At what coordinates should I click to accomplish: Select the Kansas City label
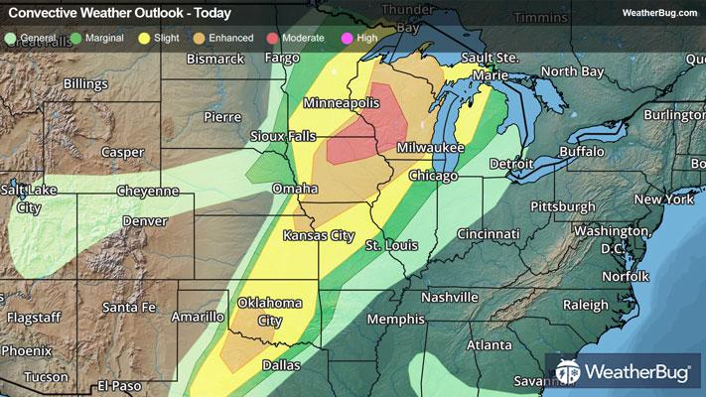coord(319,235)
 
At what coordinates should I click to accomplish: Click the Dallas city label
coord(281,365)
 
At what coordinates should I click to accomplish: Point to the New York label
coord(663,199)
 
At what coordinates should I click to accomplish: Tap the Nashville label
coord(449,297)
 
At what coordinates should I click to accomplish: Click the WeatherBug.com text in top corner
coord(656,12)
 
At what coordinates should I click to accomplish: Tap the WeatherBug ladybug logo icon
coord(568,373)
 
